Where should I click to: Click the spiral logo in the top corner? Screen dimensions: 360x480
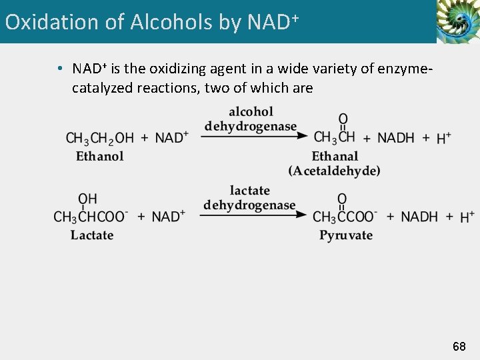pyautogui.click(x=457, y=22)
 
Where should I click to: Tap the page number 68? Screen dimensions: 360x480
pyautogui.click(x=459, y=347)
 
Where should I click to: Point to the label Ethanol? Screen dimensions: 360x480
pyautogui.click(x=99, y=157)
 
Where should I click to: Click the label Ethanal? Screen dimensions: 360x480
pyautogui.click(x=335, y=157)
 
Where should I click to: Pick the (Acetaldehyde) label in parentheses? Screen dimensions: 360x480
pyautogui.click(x=335, y=171)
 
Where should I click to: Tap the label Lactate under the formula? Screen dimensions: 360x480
pyautogui.click(x=92, y=235)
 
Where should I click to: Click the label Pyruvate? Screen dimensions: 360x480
pyautogui.click(x=345, y=235)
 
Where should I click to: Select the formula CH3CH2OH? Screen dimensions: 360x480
pyautogui.click(x=99, y=138)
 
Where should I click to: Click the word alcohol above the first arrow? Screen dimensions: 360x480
pyautogui.click(x=251, y=111)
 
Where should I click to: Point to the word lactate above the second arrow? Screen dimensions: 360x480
pyautogui.click(x=250, y=191)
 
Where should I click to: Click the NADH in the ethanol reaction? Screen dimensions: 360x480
pyautogui.click(x=395, y=138)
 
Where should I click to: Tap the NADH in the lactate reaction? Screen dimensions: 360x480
pyautogui.click(x=419, y=217)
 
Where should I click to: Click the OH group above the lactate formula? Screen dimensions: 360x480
pyautogui.click(x=87, y=199)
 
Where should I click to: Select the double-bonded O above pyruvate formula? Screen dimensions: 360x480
pyautogui.click(x=342, y=199)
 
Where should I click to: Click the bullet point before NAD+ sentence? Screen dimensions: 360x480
pyautogui.click(x=60, y=69)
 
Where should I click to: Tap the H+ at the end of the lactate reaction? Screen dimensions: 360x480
pyautogui.click(x=467, y=217)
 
